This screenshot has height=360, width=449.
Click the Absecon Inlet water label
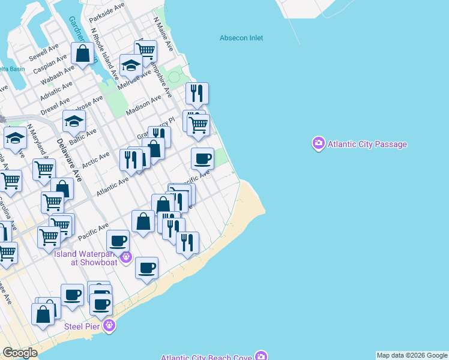point(241,38)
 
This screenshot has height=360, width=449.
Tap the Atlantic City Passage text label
point(367,145)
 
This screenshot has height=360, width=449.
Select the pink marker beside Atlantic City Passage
point(318,143)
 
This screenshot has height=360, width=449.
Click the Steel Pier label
point(83,327)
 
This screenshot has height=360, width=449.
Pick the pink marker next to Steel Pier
point(109,326)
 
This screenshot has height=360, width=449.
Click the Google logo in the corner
point(20,353)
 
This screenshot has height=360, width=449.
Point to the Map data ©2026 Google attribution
point(411,355)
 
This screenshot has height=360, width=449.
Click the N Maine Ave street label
point(163,33)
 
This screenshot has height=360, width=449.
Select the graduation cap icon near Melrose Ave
point(130,65)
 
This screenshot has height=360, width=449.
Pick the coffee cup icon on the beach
point(146,268)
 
